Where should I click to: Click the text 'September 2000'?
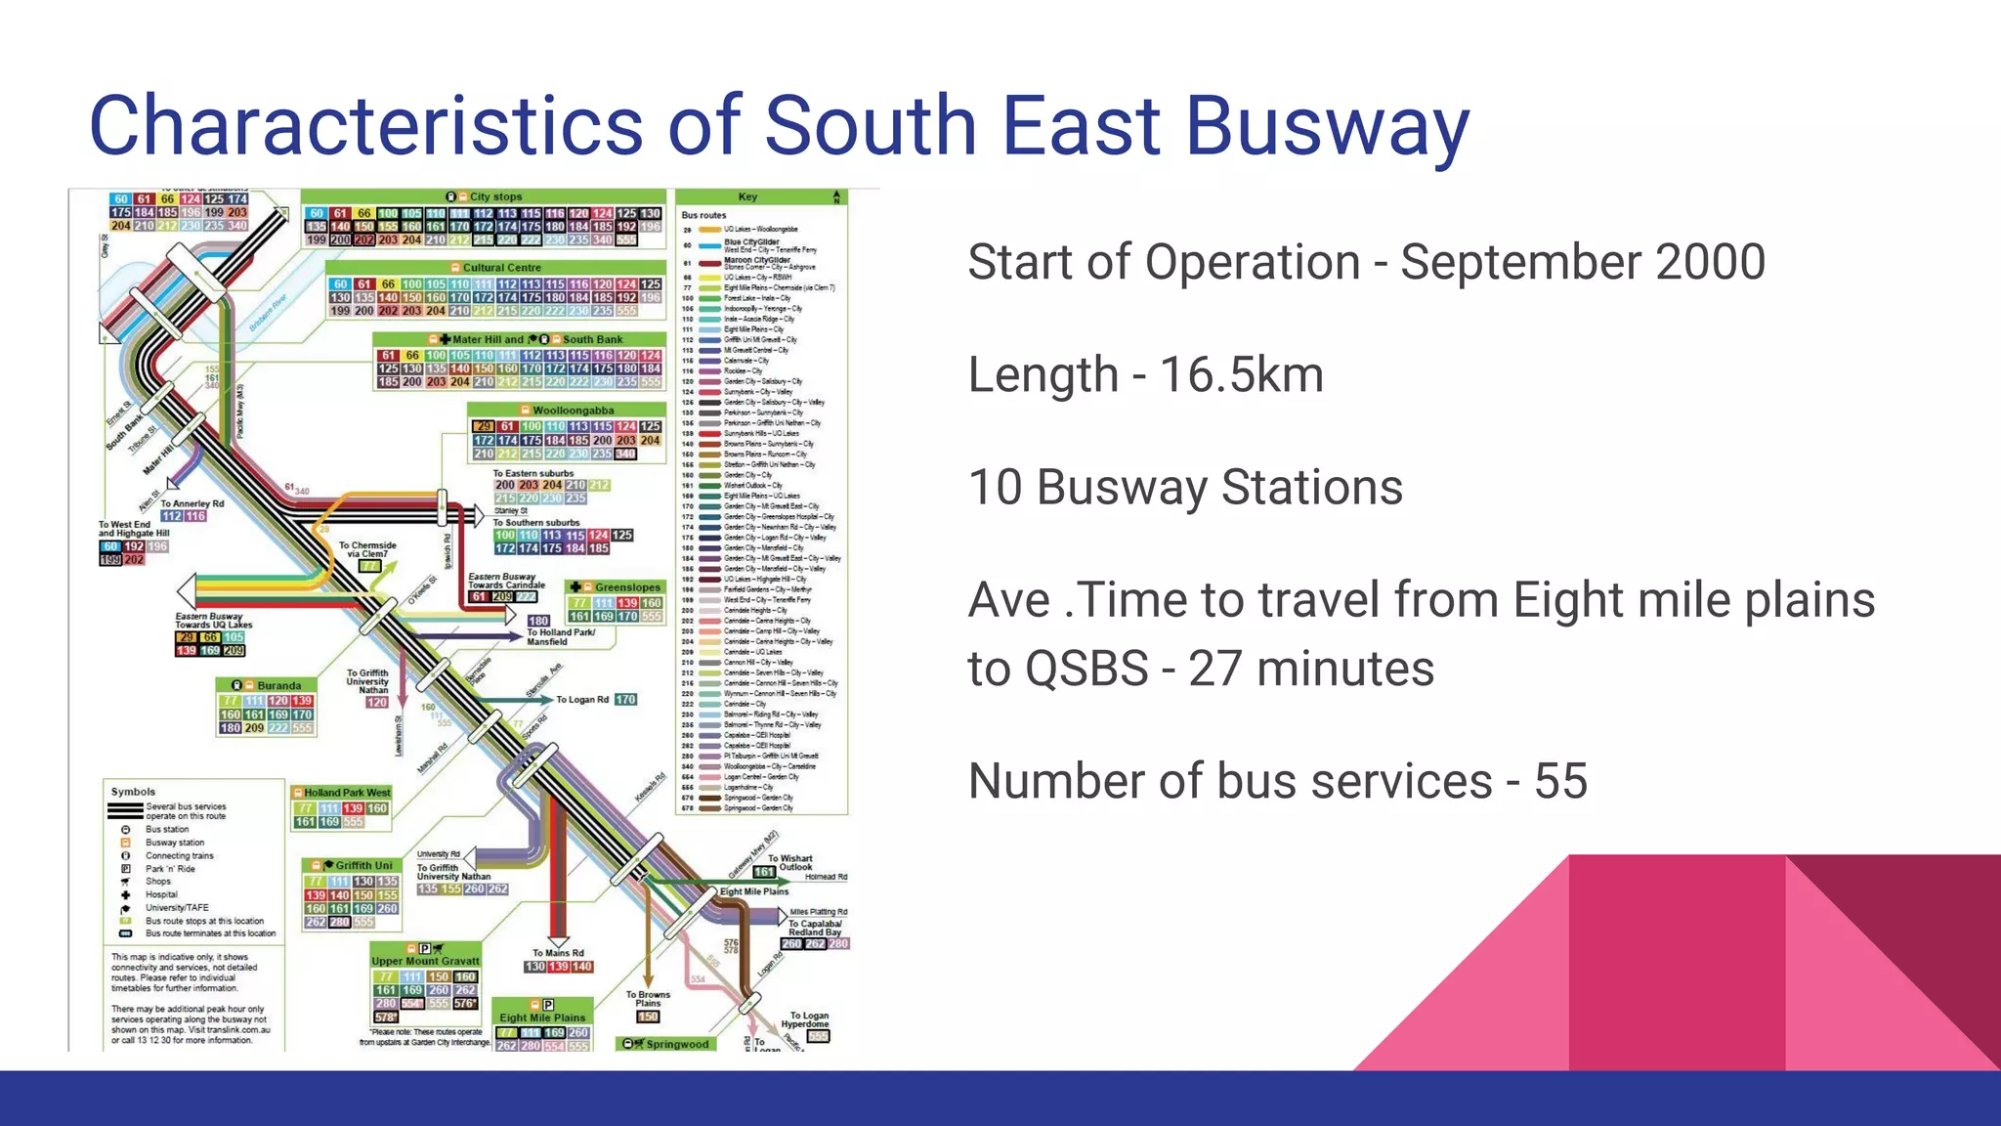[x=1582, y=262]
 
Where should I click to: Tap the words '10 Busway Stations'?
[x=1184, y=488]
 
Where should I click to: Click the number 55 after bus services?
[x=1560, y=781]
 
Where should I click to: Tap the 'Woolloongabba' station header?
[x=573, y=411]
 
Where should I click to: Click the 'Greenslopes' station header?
[x=626, y=587]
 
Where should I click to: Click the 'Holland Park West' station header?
[x=346, y=793]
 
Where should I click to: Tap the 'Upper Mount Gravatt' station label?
[x=425, y=961]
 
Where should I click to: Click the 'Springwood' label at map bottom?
[x=676, y=1044]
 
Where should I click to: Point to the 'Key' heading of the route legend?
[x=747, y=197]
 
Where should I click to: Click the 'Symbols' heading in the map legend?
[x=133, y=792]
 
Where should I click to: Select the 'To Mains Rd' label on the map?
[x=558, y=953]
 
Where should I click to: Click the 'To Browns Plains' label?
[x=648, y=999]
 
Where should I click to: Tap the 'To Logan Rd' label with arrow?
[x=581, y=700]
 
